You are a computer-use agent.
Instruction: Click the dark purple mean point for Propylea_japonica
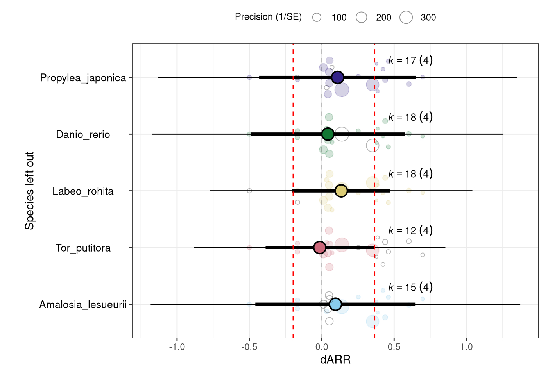(x=338, y=77)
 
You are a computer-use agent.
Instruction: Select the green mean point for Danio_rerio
(x=328, y=134)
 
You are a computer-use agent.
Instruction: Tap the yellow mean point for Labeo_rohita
(x=341, y=191)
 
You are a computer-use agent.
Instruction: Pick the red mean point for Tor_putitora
(x=320, y=247)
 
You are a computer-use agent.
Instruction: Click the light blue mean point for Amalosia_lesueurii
(x=335, y=304)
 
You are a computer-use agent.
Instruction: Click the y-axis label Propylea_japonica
(x=83, y=78)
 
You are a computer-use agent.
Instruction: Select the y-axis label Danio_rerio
(x=83, y=135)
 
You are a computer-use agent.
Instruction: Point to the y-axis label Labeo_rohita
(x=83, y=191)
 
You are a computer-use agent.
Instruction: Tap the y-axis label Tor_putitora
(x=83, y=248)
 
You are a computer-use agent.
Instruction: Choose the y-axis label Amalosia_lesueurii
(x=83, y=305)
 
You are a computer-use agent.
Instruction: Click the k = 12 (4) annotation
(x=410, y=230)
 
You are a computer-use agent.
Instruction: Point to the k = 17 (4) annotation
(x=410, y=61)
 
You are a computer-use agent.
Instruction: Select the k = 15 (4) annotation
(x=410, y=287)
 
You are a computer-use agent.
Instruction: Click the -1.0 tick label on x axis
(x=177, y=347)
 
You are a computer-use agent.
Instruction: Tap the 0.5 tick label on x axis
(x=394, y=347)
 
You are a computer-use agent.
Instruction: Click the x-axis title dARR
(x=335, y=360)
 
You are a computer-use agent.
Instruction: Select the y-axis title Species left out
(x=30, y=191)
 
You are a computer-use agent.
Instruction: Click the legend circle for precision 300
(x=406, y=17)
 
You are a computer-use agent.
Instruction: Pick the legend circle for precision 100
(x=317, y=17)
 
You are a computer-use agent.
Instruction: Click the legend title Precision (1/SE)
(x=268, y=17)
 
